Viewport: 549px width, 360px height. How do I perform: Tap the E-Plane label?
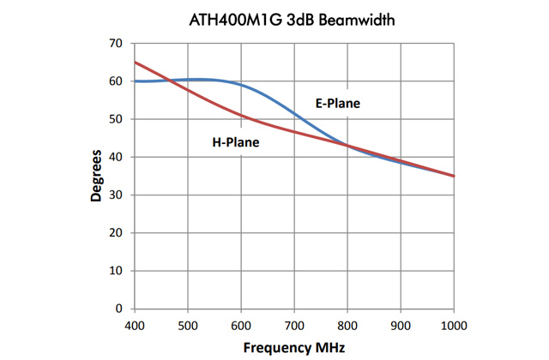[x=337, y=104]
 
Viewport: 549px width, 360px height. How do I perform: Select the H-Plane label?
[x=235, y=142]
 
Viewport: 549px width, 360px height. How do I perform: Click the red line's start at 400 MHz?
[x=135, y=62]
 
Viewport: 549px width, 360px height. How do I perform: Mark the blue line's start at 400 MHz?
[x=135, y=81]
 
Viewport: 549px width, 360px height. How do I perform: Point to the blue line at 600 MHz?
[x=241, y=85]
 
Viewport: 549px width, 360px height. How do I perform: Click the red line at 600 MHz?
[x=241, y=116]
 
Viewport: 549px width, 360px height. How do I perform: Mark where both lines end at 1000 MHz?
[x=454, y=176]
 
